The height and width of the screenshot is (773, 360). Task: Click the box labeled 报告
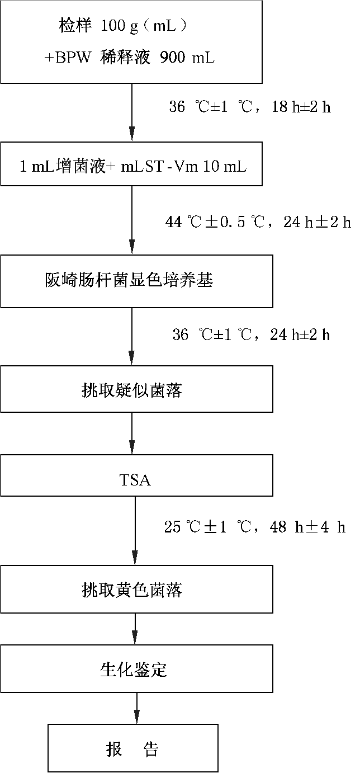[132, 748]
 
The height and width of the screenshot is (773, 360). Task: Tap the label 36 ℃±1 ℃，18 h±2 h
[250, 107]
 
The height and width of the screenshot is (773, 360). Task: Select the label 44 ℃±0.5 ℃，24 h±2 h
[258, 222]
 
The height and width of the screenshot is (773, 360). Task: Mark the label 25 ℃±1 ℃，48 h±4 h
[255, 526]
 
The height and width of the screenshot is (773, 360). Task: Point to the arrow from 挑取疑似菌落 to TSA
[132, 433]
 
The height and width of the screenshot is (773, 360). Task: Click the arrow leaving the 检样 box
[132, 112]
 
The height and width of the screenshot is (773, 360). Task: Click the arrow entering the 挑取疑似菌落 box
[132, 336]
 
